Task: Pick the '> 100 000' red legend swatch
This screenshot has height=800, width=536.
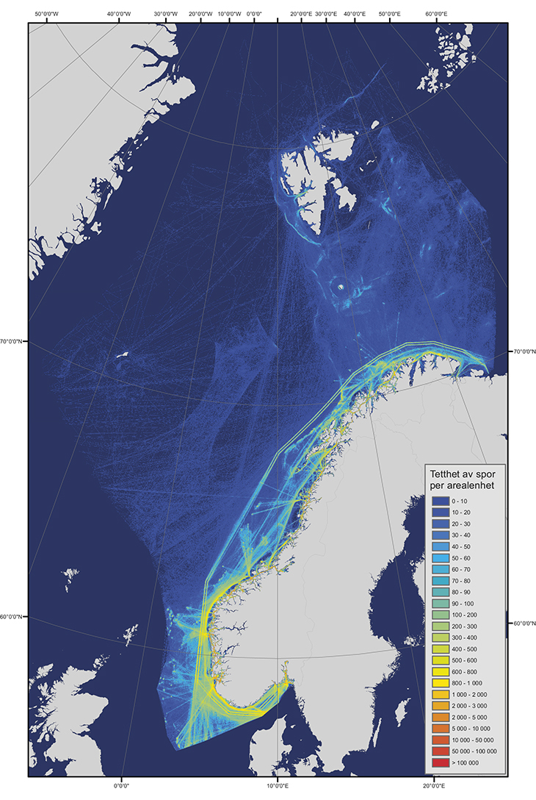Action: point(439,762)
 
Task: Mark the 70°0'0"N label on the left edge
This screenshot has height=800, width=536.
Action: point(14,341)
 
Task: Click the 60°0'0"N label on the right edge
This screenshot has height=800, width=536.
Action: point(523,624)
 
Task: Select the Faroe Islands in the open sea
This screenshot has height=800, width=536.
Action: point(71,574)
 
